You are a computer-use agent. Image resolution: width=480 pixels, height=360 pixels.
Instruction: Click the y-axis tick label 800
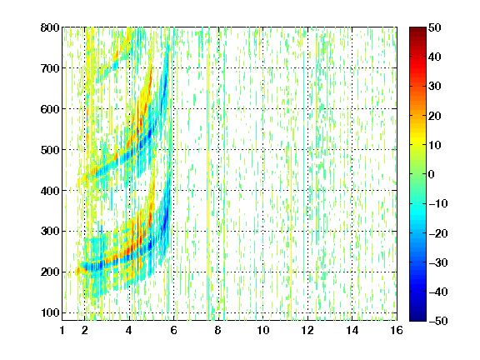[50, 27]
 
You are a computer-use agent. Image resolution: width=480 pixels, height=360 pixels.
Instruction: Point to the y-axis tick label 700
[50, 68]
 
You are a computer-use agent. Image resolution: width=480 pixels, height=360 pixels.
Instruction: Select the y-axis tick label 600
[50, 109]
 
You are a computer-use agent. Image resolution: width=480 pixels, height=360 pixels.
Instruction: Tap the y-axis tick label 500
[50, 150]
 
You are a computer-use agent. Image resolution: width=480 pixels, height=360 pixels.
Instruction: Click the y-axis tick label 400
[50, 191]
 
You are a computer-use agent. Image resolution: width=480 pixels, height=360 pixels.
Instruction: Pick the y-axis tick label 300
[50, 232]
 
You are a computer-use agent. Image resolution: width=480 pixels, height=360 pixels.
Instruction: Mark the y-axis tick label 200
[50, 272]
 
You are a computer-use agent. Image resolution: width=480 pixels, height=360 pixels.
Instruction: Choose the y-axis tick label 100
[50, 312]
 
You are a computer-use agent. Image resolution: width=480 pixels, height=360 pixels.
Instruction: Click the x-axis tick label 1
[62, 330]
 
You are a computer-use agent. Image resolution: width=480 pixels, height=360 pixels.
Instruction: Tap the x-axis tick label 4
[129, 330]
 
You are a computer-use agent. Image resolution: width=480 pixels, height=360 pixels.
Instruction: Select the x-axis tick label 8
[217, 330]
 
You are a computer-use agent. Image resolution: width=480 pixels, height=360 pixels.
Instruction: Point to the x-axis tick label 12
[307, 330]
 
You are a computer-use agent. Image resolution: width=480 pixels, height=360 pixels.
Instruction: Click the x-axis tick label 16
[397, 330]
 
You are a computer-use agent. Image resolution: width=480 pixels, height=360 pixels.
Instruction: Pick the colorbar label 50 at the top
[435, 27]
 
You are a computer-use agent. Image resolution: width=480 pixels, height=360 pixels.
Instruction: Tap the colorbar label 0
[432, 174]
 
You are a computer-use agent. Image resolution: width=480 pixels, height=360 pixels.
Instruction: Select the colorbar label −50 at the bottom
[438, 321]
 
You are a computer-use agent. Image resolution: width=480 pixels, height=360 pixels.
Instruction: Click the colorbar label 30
[435, 87]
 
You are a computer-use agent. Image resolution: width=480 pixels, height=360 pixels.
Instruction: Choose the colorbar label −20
[438, 233]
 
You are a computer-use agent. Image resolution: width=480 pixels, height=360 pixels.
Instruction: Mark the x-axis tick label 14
[352, 330]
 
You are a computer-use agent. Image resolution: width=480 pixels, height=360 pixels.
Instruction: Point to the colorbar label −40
[438, 292]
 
